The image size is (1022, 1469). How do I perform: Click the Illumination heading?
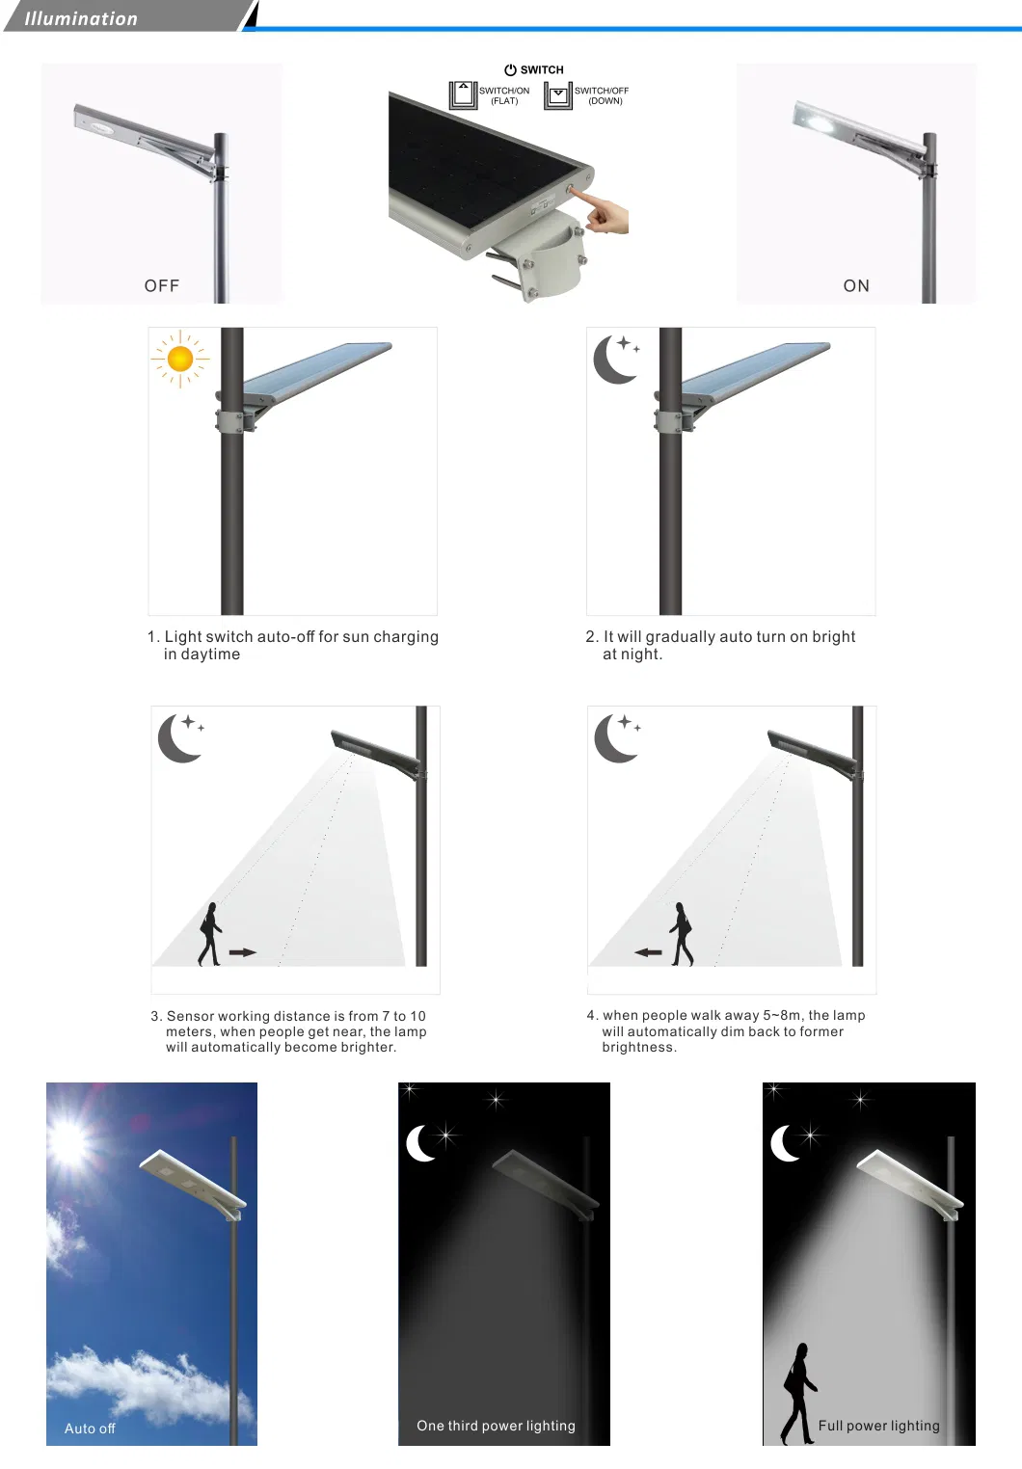click(x=81, y=18)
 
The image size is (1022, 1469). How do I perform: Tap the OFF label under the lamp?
click(x=162, y=285)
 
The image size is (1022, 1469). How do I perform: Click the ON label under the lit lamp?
click(x=856, y=285)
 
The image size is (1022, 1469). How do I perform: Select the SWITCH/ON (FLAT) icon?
click(x=464, y=94)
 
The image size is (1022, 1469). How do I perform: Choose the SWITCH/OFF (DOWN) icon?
click(x=558, y=94)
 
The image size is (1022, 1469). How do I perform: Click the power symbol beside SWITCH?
click(x=510, y=69)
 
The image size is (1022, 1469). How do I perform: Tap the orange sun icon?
click(x=180, y=359)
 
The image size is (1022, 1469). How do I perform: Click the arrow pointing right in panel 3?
click(x=243, y=951)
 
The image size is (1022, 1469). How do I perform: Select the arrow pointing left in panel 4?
click(x=648, y=952)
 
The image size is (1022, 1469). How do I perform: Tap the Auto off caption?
click(x=90, y=1429)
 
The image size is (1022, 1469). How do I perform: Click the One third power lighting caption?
click(x=496, y=1426)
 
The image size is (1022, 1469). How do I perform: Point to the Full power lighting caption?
click(x=878, y=1426)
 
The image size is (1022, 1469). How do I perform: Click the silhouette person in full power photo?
click(x=798, y=1393)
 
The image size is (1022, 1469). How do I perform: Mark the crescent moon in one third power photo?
click(x=420, y=1143)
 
